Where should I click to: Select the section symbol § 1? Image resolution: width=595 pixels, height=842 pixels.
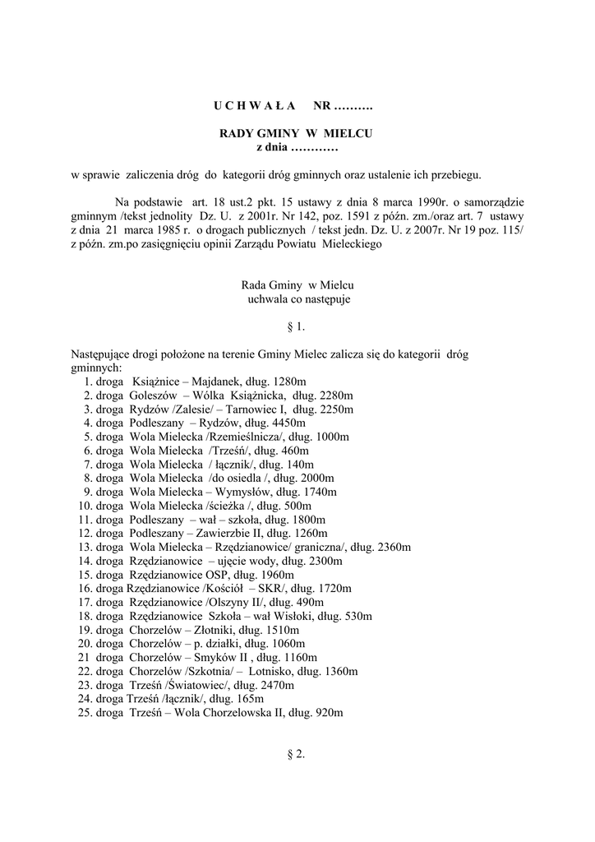point(297,327)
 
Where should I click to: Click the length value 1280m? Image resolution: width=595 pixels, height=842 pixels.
point(290,382)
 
